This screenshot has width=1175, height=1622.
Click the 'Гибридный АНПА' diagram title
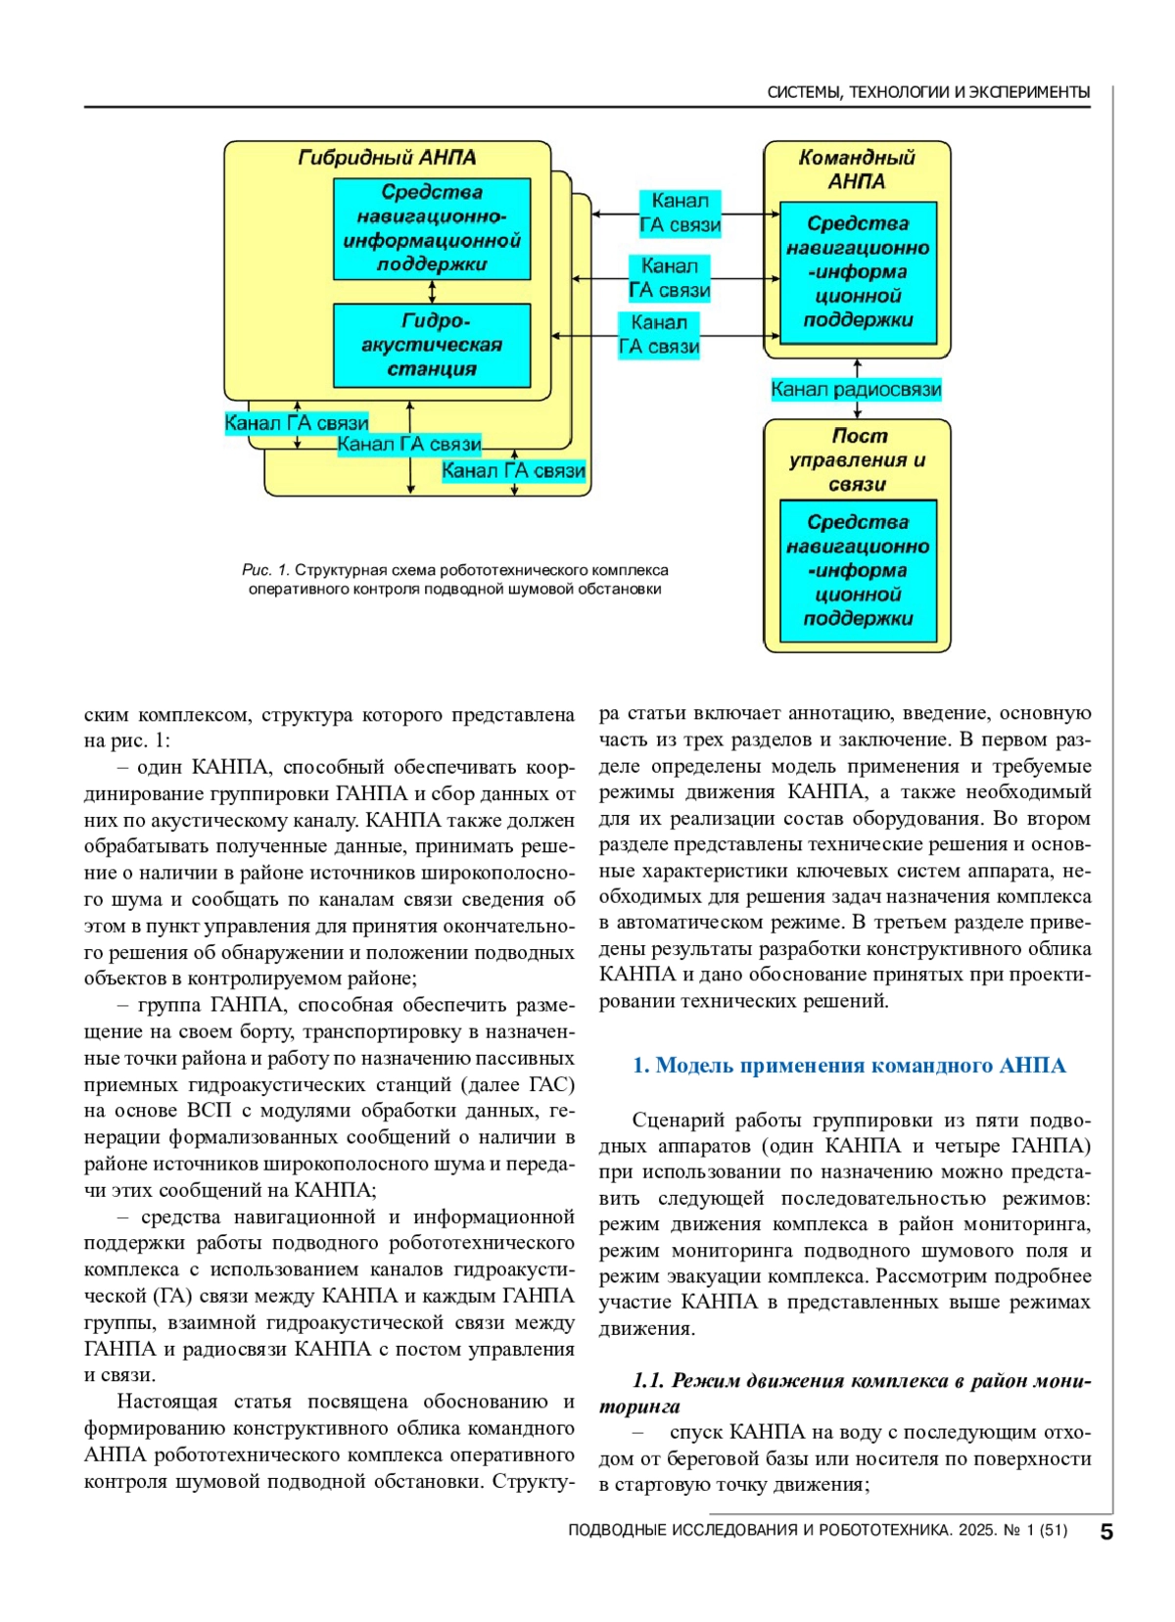387,158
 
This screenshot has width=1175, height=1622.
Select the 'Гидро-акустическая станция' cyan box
432,345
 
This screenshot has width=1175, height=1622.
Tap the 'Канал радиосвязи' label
856,390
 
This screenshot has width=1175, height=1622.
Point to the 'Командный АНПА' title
857,169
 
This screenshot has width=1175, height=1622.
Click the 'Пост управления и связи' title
857,459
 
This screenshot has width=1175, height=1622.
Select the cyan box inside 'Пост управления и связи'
858,570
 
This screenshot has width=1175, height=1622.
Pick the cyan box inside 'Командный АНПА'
858,271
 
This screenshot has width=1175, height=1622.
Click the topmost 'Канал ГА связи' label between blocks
680,213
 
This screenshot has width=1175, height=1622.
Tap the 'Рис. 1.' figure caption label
265,570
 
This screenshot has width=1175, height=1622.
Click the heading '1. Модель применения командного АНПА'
849,1066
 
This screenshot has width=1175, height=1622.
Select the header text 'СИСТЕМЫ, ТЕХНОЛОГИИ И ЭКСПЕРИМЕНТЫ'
928,92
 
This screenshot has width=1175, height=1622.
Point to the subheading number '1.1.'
648,1381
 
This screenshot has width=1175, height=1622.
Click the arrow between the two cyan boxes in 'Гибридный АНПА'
432,292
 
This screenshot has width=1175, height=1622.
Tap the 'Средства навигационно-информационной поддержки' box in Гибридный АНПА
432,228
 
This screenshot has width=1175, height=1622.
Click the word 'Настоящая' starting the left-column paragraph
166,1402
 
